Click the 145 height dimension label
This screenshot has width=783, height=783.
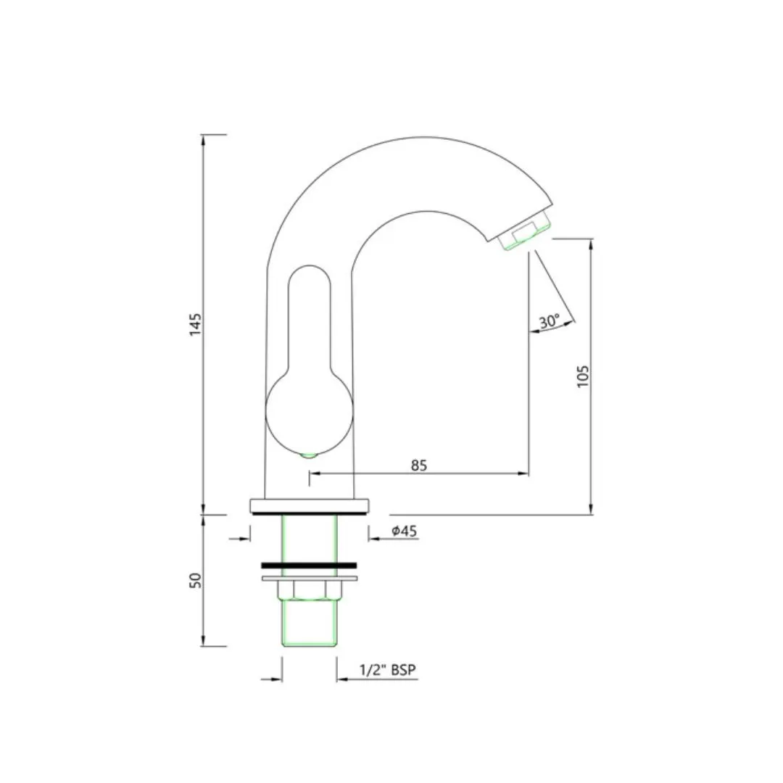point(196,325)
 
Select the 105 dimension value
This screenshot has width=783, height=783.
point(583,376)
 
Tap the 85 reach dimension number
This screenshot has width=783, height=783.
point(419,465)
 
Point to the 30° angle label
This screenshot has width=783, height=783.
point(550,321)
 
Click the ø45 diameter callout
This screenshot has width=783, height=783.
point(405,531)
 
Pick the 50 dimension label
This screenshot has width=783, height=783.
point(196,580)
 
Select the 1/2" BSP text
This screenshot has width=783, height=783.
point(387,670)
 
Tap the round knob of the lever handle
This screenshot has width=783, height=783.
point(309,410)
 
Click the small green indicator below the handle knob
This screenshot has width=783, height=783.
point(310,455)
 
